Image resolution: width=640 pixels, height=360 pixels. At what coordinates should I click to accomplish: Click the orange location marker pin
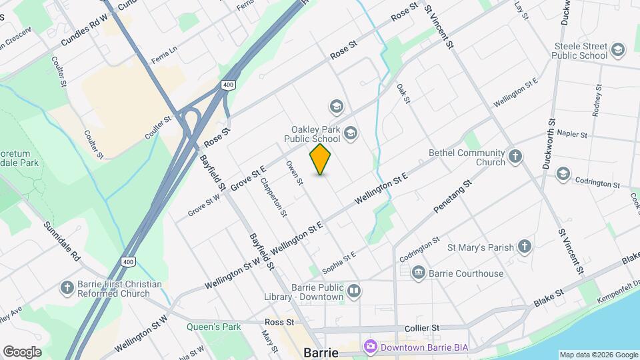pos(321,159)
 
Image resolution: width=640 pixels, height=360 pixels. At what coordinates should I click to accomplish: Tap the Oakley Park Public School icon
pos(351,134)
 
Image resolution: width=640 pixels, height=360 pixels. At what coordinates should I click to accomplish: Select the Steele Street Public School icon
pos(618,50)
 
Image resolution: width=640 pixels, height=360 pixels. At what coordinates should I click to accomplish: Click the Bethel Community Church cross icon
pos(515,157)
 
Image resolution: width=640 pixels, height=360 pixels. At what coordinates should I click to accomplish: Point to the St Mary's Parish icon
pos(525,247)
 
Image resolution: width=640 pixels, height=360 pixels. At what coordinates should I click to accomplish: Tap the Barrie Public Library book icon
pos(354,291)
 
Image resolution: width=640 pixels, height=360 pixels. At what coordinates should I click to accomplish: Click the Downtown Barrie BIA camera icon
pos(370,347)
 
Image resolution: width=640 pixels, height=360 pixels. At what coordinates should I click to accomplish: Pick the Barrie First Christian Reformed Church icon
pos(67,288)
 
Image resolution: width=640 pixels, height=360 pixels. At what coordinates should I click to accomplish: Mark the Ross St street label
pos(279,322)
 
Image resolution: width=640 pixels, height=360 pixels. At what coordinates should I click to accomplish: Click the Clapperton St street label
pos(274,197)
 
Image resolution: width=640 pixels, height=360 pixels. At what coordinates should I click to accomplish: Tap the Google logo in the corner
pos(22,352)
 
